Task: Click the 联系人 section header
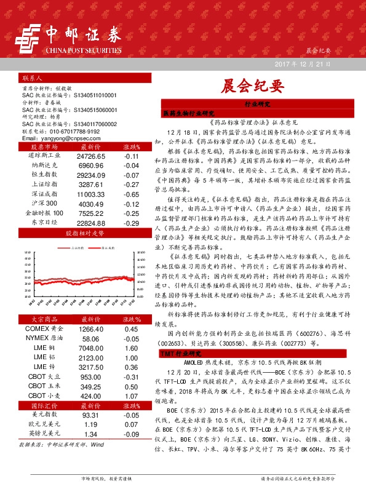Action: pyautogui.click(x=32, y=79)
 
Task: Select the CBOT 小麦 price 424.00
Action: pyautogui.click(x=91, y=396)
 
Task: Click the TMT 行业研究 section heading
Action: pyautogui.click(x=181, y=355)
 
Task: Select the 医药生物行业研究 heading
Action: pyautogui.click(x=188, y=114)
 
